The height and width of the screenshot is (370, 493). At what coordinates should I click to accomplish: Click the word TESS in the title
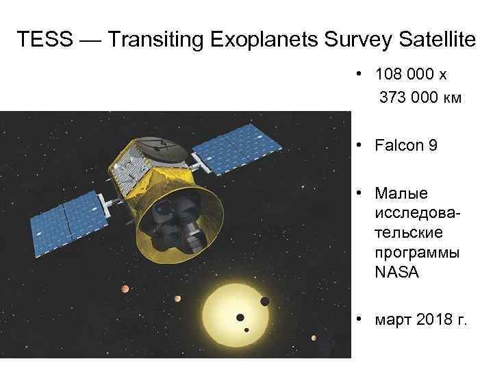[x=42, y=40]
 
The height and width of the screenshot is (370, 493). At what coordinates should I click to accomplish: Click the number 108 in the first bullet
[x=387, y=73]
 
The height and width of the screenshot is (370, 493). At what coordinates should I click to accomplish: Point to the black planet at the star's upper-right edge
[x=264, y=301]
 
